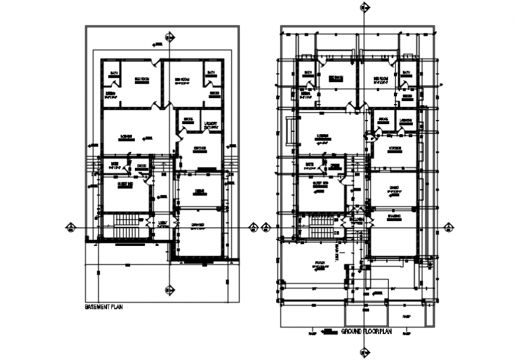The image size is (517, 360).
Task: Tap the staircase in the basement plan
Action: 125,227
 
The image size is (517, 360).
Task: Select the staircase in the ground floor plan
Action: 321,226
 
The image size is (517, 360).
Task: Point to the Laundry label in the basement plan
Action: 212,125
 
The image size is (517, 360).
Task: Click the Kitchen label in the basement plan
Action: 199,148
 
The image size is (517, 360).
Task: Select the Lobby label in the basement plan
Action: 162,224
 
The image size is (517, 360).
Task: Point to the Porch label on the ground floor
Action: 320,262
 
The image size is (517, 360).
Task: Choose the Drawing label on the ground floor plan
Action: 395,216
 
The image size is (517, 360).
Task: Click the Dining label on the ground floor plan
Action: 394,188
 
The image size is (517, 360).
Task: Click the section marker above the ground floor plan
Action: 364,7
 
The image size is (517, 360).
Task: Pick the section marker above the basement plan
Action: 170,37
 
